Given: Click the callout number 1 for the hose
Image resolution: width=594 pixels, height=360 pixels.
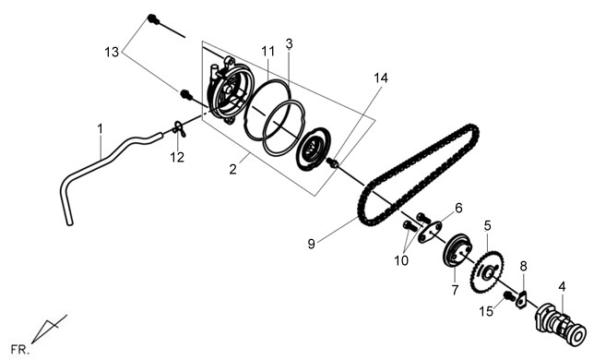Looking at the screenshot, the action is (100, 129).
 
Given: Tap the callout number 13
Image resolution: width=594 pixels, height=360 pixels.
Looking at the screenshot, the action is (112, 52).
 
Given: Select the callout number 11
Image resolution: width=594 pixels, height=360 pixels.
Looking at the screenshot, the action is (267, 51).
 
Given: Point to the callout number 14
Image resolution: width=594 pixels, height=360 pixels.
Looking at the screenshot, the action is (381, 78).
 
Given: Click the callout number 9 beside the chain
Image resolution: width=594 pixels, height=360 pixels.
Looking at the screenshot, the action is (312, 244).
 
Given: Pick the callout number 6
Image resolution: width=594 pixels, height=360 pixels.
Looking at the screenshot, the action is (458, 208).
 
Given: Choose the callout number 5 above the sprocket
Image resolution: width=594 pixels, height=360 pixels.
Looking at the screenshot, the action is (488, 226).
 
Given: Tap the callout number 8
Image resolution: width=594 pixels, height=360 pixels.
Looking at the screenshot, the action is (523, 267).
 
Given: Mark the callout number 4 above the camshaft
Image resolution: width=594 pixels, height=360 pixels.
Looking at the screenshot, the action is (563, 287).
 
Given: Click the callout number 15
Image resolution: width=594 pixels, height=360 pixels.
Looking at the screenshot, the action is (486, 311).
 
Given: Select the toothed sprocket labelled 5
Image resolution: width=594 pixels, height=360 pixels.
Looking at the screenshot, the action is (488, 271).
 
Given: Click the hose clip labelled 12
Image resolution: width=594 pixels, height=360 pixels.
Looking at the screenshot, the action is (179, 128).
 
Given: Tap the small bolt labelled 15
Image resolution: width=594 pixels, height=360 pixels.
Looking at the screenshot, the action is (510, 296).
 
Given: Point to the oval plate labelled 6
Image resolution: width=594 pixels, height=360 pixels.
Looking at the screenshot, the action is (430, 232).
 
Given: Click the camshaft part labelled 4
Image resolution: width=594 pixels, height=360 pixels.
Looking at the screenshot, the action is (560, 325).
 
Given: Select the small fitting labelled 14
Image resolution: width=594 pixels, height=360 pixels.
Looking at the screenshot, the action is (333, 163).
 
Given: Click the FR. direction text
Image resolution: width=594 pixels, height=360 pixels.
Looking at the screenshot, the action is (20, 350).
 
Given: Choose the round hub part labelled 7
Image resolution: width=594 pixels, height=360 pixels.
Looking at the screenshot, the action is (457, 252).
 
